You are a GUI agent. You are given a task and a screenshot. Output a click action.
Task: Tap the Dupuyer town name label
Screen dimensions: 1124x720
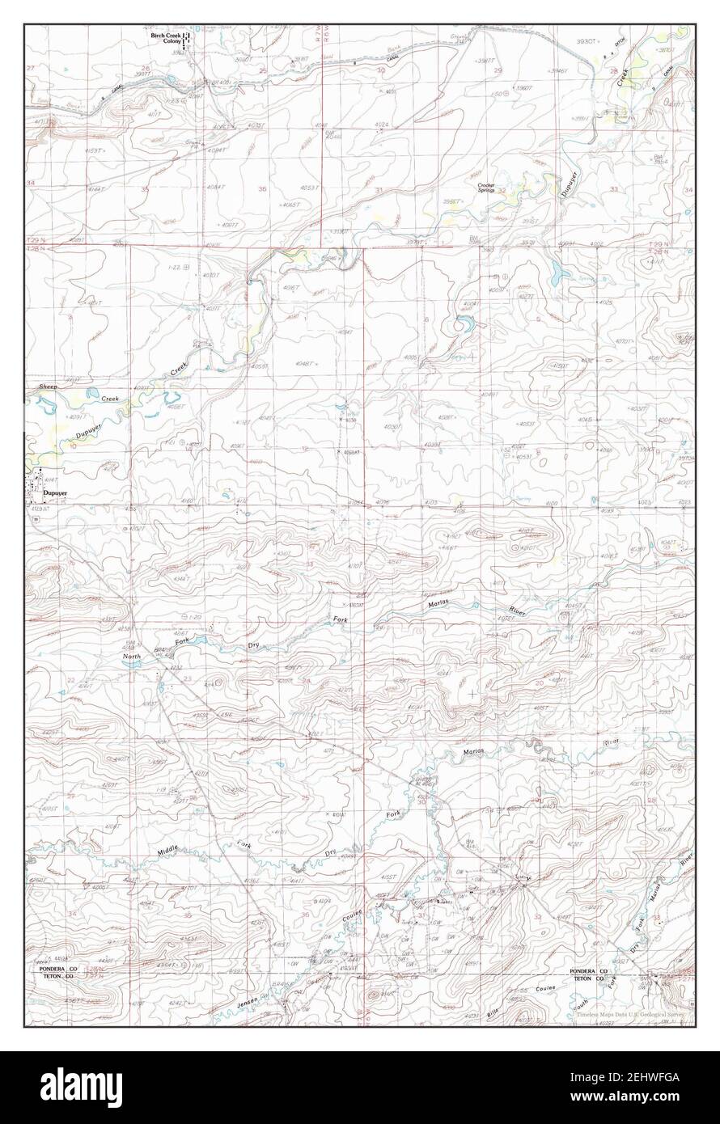[x=54, y=491]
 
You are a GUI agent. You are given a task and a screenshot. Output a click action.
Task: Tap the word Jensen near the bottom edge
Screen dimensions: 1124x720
[x=247, y=1004]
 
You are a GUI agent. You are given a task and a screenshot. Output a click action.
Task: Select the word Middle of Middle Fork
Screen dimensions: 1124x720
[x=168, y=851]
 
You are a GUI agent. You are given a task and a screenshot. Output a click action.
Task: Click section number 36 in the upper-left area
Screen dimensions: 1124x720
[x=261, y=188]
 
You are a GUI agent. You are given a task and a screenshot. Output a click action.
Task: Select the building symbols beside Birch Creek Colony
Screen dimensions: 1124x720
[x=186, y=40]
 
